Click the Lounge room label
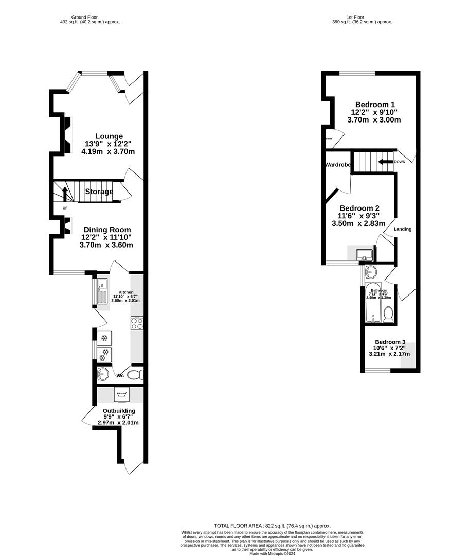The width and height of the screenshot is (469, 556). pos(108,136)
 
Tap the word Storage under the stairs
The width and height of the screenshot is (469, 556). pos(99,192)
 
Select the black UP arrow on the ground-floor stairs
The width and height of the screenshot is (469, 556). pos(65,195)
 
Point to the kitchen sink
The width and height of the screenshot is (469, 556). pos(101,291)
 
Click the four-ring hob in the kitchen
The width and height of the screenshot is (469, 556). pos(137,324)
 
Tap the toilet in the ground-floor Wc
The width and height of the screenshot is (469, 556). pos(135,375)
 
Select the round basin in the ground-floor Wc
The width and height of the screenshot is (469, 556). pos(103,374)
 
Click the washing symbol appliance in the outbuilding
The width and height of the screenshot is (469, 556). pos(122,395)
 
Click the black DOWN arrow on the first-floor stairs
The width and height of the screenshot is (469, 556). pos(384,162)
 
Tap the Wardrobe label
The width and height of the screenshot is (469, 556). pos(338,165)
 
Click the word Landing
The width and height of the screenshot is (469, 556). pos(403,229)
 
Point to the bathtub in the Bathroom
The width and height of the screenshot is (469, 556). pos(372,303)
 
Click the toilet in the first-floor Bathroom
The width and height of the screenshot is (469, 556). pos(389,315)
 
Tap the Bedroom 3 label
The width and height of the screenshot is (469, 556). pos(390,342)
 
